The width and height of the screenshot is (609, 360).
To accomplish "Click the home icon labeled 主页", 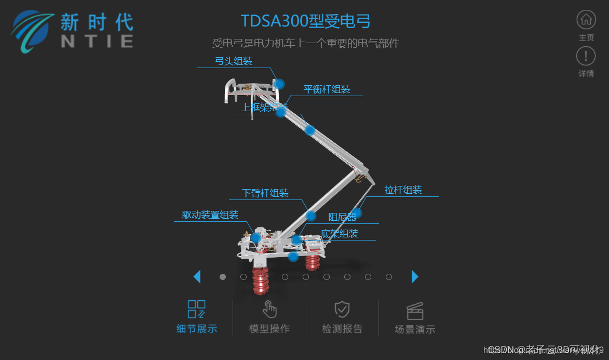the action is click(586, 20).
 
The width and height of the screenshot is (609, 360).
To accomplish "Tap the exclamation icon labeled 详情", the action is click(586, 56).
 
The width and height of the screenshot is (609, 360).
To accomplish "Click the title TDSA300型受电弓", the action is click(306, 21).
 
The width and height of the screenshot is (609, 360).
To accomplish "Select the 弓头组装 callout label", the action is click(234, 61).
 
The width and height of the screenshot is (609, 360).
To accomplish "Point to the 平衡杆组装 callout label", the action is click(327, 89).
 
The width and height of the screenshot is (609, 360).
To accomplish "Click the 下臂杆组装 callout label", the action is click(265, 193).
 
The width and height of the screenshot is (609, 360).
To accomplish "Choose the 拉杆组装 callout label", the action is click(403, 190).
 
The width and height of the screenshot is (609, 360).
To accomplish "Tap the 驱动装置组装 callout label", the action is click(210, 215).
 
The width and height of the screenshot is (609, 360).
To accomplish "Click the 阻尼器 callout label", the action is click(342, 217).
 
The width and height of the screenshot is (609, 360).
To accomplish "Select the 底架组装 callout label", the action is click(340, 234).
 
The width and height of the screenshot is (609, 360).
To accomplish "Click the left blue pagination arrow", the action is click(197, 277).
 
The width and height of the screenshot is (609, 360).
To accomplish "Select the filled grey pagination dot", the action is click(223, 277).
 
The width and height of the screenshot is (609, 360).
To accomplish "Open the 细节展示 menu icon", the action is click(197, 309).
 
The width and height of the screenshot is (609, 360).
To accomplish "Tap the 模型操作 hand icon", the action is click(269, 309).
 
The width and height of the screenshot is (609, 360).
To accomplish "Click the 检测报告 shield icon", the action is click(342, 309).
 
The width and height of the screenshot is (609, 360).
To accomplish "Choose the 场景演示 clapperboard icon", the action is click(415, 311).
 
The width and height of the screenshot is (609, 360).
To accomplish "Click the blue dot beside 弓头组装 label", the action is click(280, 84).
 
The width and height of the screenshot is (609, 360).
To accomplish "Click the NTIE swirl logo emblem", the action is click(33, 31).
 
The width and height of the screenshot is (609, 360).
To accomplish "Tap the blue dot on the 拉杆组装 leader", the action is click(357, 212).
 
